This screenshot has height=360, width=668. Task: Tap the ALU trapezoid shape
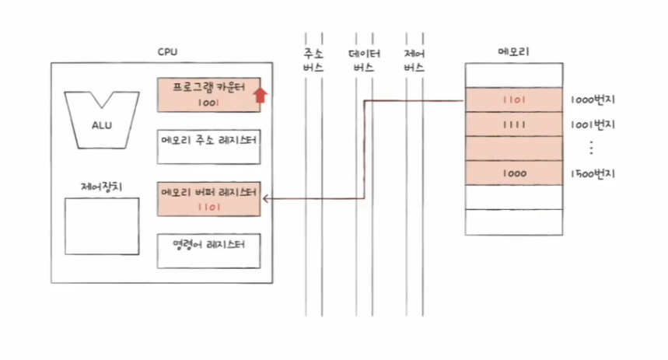[x=101, y=119]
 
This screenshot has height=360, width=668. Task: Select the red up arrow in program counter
[x=261, y=94]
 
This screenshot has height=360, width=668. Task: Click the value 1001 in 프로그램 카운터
[x=208, y=102]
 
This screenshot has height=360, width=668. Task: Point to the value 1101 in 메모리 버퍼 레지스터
[x=208, y=207]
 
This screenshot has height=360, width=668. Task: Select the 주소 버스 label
[x=313, y=61]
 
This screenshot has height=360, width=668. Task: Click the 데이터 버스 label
[x=364, y=61]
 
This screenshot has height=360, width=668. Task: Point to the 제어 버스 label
[x=414, y=61]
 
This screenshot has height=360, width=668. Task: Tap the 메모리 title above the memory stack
[x=513, y=53]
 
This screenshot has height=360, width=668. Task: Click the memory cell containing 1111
[x=513, y=124]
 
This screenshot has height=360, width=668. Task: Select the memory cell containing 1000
[x=513, y=173]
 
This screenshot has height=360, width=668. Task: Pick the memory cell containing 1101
[x=513, y=100]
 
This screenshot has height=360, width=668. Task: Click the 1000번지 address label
[x=593, y=100]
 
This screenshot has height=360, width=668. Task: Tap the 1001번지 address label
[x=593, y=124]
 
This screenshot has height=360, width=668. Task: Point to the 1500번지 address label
[x=593, y=173]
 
